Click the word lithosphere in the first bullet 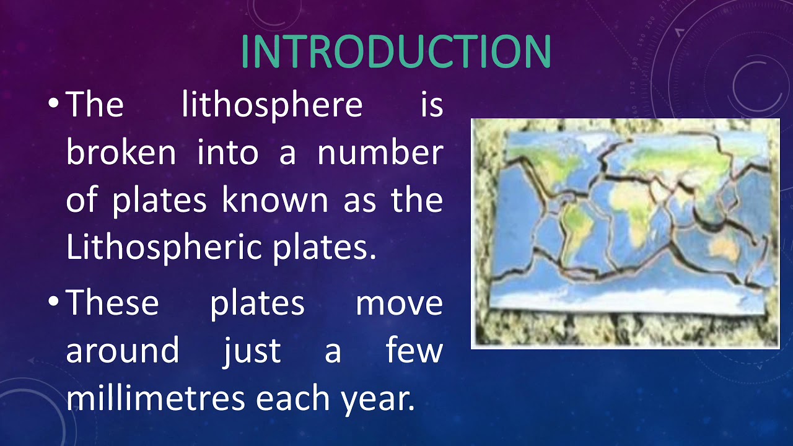tap(272, 105)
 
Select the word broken tap(121, 152)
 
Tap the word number tap(380, 152)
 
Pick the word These tap(112, 304)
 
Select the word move tap(399, 304)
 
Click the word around tap(122, 351)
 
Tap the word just tap(252, 351)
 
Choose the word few tap(414, 351)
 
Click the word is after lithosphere tap(432, 105)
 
